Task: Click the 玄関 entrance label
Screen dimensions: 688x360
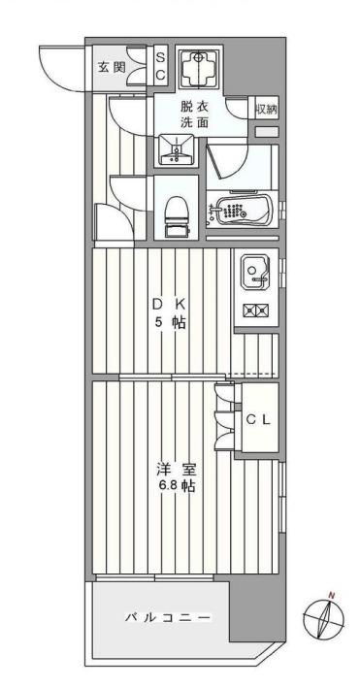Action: (x=112, y=67)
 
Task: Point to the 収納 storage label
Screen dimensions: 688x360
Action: (x=267, y=109)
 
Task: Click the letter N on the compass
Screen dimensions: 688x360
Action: (x=331, y=595)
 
